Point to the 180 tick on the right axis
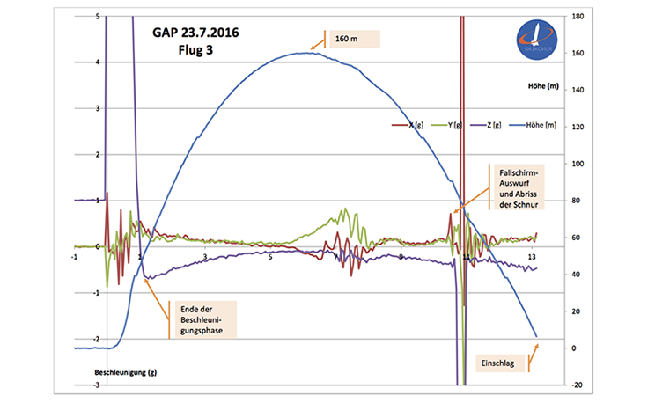pos(578,16)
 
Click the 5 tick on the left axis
pos(95,16)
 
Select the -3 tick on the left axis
pos(94,385)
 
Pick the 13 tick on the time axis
pos(531,256)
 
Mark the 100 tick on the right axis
pos(578,164)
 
